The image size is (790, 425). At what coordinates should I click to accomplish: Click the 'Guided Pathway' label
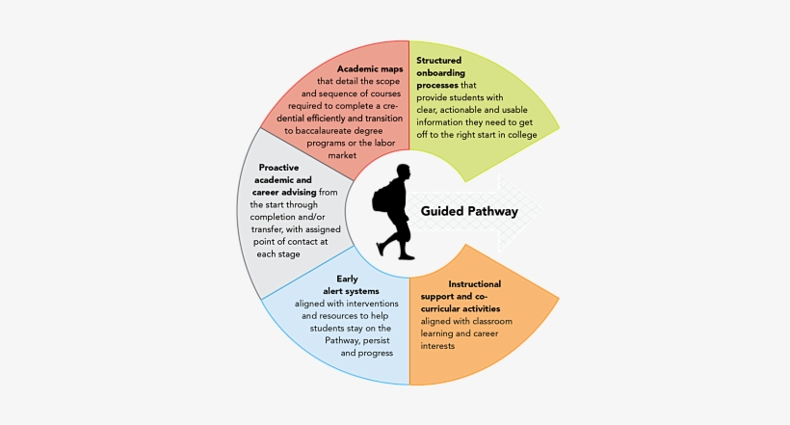pos(469,211)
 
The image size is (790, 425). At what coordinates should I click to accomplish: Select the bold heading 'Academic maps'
pos(371,68)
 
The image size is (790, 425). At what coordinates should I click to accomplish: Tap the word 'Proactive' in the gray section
pos(278,167)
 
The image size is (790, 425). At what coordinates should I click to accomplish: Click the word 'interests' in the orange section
pos(437,345)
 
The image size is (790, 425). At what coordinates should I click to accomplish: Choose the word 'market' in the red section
pos(343,154)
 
